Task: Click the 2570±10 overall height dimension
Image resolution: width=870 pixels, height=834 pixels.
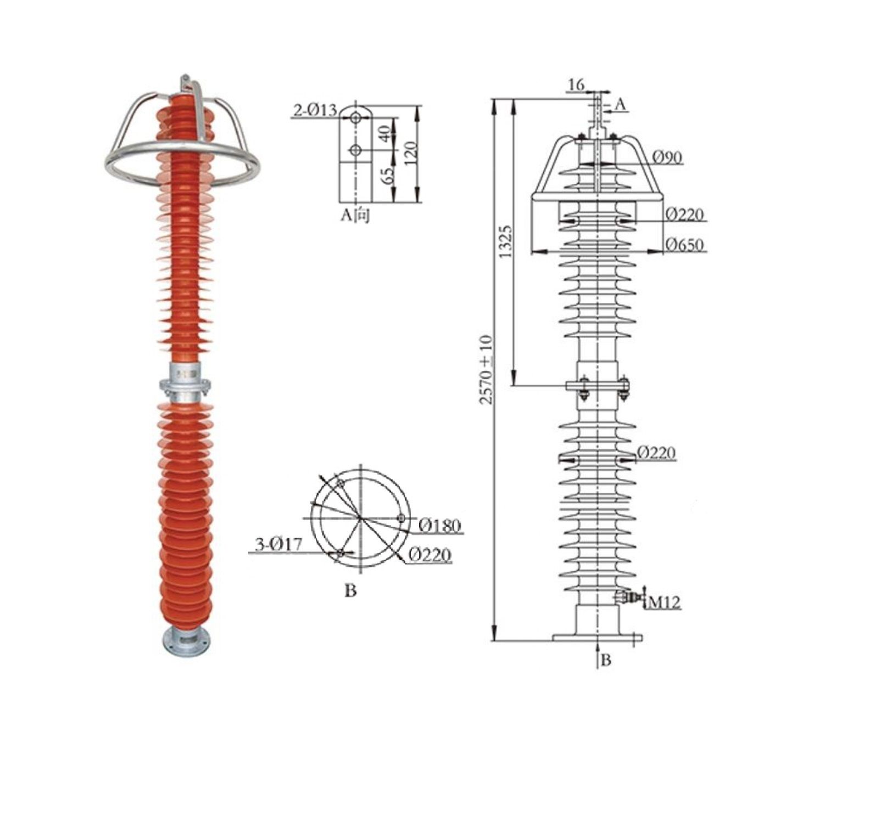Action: click(x=487, y=369)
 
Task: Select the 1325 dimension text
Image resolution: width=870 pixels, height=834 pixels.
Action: click(x=506, y=240)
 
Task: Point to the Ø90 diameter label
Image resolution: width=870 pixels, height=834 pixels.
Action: click(x=667, y=157)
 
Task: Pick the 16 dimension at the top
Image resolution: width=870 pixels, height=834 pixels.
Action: click(x=576, y=84)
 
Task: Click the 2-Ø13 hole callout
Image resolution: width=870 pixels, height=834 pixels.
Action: click(x=315, y=110)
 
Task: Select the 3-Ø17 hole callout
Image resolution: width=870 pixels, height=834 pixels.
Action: click(x=279, y=544)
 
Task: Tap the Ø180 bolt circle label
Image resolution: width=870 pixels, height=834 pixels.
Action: click(x=440, y=526)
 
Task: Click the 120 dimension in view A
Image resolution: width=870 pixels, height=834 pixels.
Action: click(x=410, y=154)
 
